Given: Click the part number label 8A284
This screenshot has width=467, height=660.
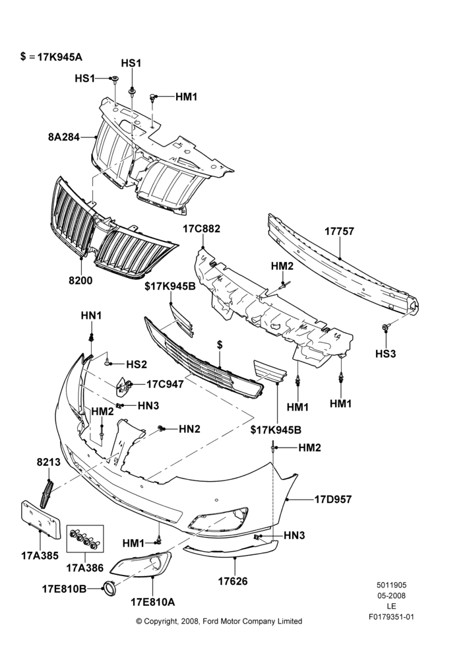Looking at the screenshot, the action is click(x=63, y=137).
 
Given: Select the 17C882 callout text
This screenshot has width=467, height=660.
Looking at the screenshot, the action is click(x=201, y=229).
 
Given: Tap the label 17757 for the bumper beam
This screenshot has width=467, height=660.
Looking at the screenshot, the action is click(x=339, y=231).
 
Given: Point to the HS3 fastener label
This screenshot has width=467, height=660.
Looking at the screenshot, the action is click(x=386, y=354).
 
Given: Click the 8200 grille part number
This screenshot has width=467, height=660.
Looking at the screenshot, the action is click(x=80, y=280).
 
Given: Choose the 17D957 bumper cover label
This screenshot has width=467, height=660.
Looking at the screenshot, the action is click(x=333, y=500).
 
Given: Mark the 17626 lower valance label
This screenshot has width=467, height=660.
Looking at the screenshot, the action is click(x=233, y=581).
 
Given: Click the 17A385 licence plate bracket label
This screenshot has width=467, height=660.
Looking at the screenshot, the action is click(x=40, y=556).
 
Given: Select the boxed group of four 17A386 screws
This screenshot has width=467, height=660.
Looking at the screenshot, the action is click(x=84, y=540).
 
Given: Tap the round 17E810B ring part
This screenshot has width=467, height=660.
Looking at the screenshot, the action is click(x=109, y=587).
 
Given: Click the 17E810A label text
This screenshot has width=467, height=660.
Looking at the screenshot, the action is click(x=153, y=603).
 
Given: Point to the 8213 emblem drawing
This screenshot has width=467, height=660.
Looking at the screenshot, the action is click(x=46, y=494).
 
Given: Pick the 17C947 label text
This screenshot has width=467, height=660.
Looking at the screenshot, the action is click(x=165, y=384).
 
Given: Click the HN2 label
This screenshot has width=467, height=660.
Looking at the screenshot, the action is click(x=189, y=429).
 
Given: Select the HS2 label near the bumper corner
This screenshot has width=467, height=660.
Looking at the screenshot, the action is click(x=137, y=364).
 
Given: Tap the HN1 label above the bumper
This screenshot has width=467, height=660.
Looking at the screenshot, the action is click(x=91, y=315).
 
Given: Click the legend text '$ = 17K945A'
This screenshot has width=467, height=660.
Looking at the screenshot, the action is click(x=51, y=57).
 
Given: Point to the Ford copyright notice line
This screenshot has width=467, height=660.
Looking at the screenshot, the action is click(x=219, y=621).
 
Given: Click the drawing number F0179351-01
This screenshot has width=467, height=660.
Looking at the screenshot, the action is click(x=391, y=617).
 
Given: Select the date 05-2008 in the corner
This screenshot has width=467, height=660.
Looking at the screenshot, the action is click(x=391, y=595).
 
